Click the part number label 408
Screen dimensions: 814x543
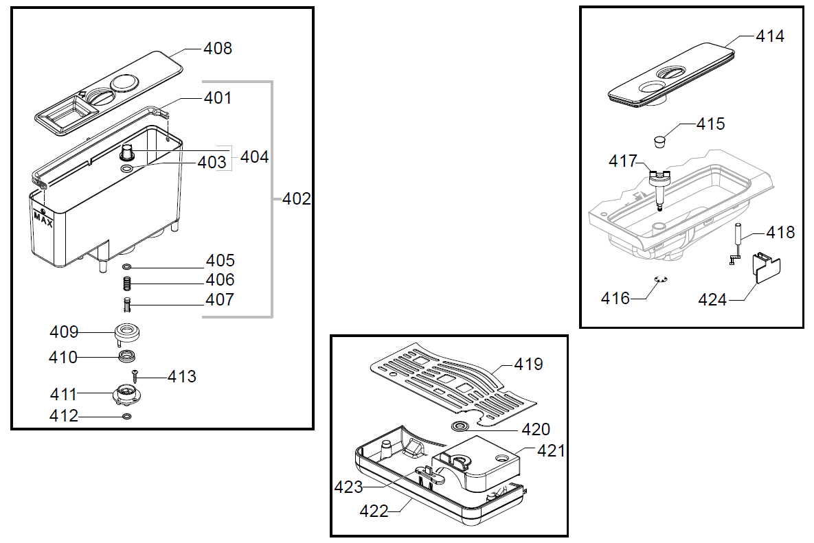[218, 48]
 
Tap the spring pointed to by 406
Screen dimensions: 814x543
[126, 284]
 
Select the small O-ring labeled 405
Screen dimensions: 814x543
[126, 267]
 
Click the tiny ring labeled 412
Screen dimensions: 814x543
[126, 416]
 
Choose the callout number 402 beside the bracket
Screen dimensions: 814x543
[297, 198]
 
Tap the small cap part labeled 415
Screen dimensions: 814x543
[660, 141]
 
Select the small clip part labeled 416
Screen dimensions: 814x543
[660, 279]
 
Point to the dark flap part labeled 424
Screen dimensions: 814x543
[767, 267]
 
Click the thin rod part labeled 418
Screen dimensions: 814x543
[736, 243]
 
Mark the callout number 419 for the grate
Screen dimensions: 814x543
[528, 364]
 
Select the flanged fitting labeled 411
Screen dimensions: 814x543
[126, 395]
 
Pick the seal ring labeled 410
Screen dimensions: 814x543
[127, 356]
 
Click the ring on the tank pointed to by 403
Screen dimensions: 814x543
[126, 169]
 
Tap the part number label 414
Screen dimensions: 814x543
[770, 36]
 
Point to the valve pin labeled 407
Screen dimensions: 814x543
[126, 305]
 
